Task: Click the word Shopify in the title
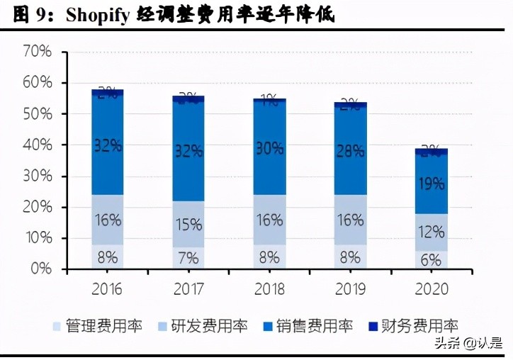pyautogui.click(x=100, y=15)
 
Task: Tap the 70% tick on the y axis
pyautogui.click(x=37, y=52)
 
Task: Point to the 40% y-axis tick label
pyautogui.click(x=37, y=145)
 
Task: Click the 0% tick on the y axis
pyautogui.click(x=41, y=269)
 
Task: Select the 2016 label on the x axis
pyautogui.click(x=107, y=289)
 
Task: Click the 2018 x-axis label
pyautogui.click(x=269, y=289)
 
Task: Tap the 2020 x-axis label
pyautogui.click(x=431, y=289)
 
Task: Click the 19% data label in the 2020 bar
pyautogui.click(x=431, y=184)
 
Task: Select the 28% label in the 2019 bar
pyautogui.click(x=350, y=151)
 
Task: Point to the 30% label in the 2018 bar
pyautogui.click(x=269, y=148)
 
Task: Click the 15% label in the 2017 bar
pyautogui.click(x=188, y=225)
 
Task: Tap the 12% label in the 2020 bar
pyautogui.click(x=431, y=232)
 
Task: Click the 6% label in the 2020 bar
pyautogui.click(x=431, y=260)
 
